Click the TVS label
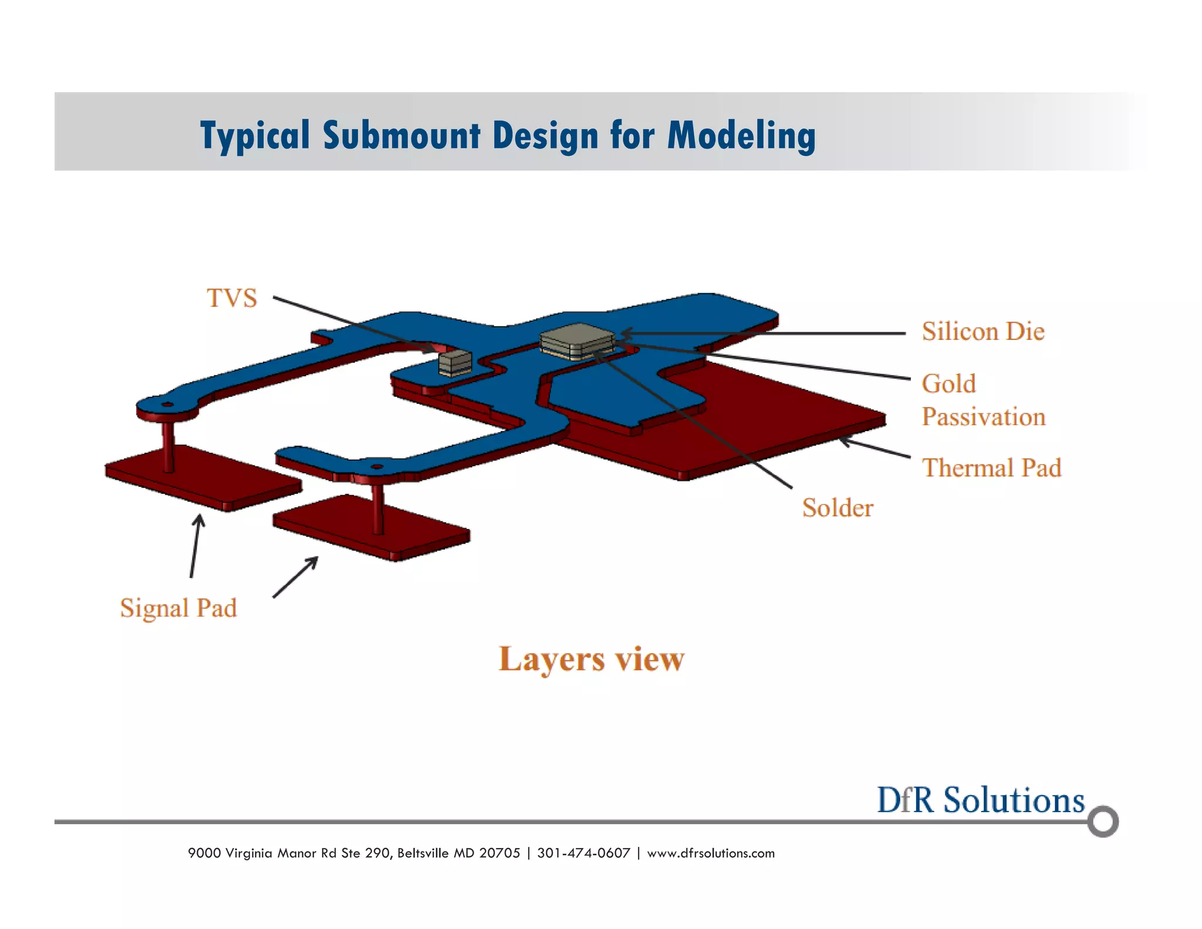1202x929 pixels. (x=232, y=298)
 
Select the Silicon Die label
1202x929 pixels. (x=982, y=332)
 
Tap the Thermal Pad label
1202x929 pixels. (x=991, y=468)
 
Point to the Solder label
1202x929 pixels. (x=838, y=508)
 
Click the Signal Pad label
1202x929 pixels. (x=178, y=608)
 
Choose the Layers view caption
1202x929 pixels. (x=592, y=659)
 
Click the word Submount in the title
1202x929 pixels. (x=401, y=135)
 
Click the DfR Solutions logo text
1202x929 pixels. (x=980, y=800)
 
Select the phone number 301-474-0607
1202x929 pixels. (x=583, y=853)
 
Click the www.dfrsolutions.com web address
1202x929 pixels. (x=711, y=853)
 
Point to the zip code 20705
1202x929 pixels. (x=499, y=853)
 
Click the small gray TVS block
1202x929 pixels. (x=455, y=362)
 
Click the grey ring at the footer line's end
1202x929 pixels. (x=1103, y=822)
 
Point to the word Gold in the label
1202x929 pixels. (x=948, y=384)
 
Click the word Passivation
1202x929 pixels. (x=984, y=417)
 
